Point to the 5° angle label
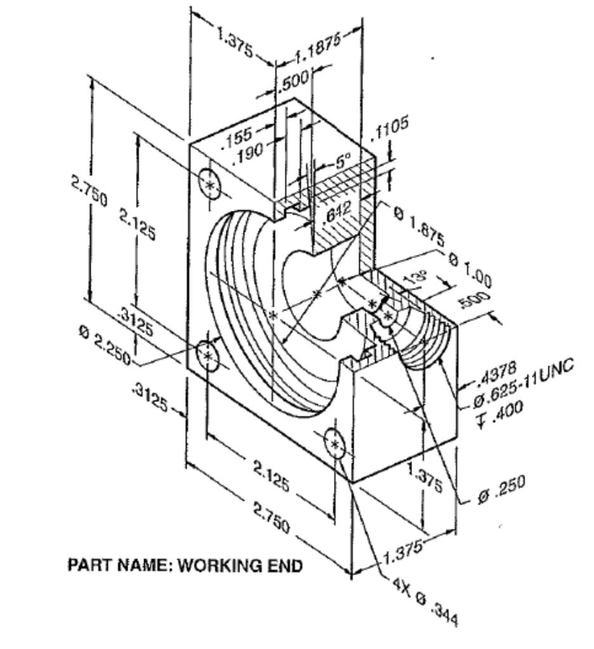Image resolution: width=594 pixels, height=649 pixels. pos(343,163)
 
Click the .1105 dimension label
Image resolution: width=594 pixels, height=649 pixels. pos(390,129)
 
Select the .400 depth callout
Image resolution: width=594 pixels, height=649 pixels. pos(501,408)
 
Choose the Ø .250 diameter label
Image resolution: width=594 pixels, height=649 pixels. pos(501,485)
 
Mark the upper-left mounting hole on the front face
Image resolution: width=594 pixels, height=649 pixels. pos(209,184)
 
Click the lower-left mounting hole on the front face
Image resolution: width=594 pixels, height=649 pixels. pos(208,356)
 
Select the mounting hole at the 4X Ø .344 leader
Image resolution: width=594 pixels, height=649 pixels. pos(334,444)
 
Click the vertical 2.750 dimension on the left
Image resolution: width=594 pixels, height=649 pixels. pos(89,190)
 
